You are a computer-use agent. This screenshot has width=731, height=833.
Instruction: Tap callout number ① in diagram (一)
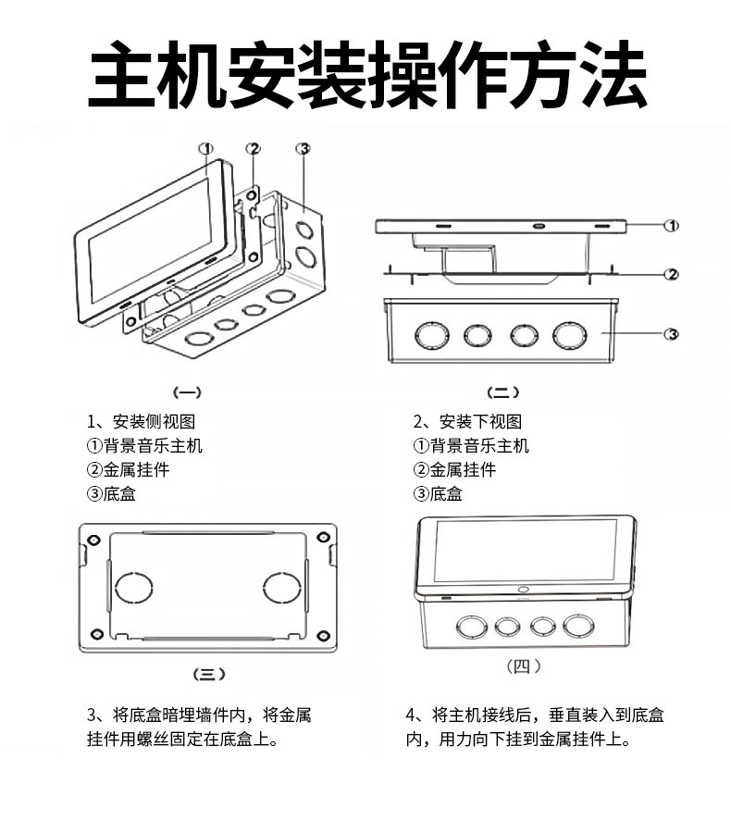pyautogui.click(x=206, y=148)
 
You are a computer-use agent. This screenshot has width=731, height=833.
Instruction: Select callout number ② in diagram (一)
pyautogui.click(x=254, y=148)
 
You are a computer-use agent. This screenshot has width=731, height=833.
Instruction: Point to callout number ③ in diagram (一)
pyautogui.click(x=303, y=148)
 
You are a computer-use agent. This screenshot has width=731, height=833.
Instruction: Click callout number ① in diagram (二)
pyautogui.click(x=673, y=225)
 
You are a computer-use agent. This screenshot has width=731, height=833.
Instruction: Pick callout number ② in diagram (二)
pyautogui.click(x=673, y=274)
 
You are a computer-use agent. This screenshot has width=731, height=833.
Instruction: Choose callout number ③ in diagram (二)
pyautogui.click(x=673, y=334)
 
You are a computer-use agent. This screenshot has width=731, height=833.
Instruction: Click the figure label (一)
pyautogui.click(x=188, y=392)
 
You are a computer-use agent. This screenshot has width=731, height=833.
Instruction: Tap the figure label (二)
pyautogui.click(x=503, y=392)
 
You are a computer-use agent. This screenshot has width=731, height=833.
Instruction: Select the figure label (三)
pyautogui.click(x=207, y=674)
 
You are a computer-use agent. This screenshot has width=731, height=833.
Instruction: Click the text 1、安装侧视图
pyautogui.click(x=141, y=422)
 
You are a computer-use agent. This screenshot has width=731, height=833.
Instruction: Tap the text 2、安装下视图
pyautogui.click(x=467, y=422)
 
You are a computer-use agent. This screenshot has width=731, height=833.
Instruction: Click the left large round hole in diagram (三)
pyautogui.click(x=132, y=587)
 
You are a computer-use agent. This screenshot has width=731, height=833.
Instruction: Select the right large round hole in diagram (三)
pyautogui.click(x=281, y=587)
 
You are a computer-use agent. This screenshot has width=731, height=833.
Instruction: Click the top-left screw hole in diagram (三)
pyautogui.click(x=93, y=539)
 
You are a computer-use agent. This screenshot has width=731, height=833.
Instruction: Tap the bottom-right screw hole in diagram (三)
pyautogui.click(x=322, y=636)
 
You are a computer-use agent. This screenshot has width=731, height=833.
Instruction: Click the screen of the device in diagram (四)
pyautogui.click(x=525, y=550)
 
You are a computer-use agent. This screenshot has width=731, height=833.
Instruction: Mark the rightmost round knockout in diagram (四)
pyautogui.click(x=578, y=627)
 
